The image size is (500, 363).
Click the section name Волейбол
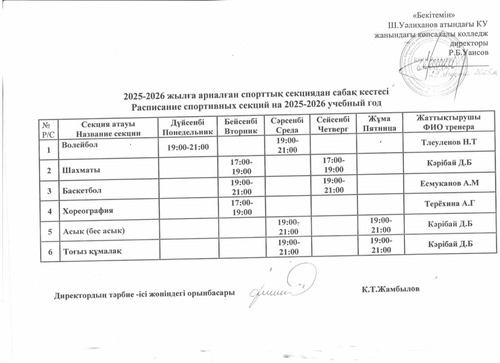[80, 145]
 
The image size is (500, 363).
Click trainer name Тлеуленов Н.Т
[448, 142]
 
